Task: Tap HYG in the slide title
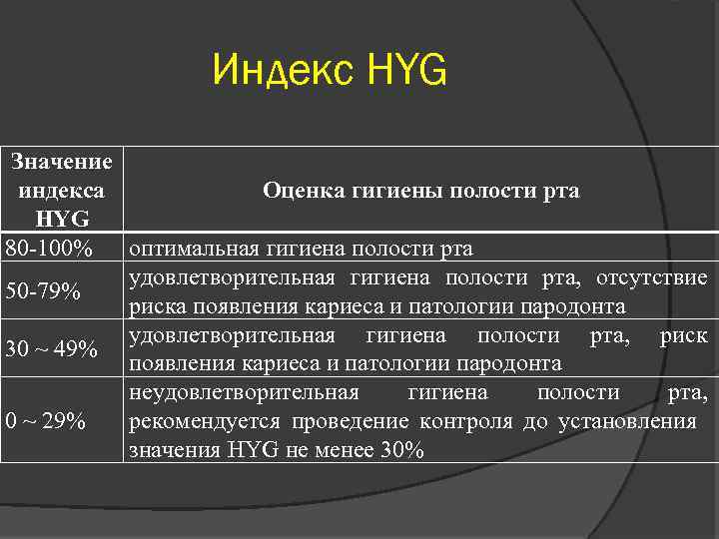coord(408,72)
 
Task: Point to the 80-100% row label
coord(50,247)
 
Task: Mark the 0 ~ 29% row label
coord(45,421)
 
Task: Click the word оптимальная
coord(193,247)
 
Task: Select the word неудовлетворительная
coord(245,392)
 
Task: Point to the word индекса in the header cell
coord(62,189)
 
